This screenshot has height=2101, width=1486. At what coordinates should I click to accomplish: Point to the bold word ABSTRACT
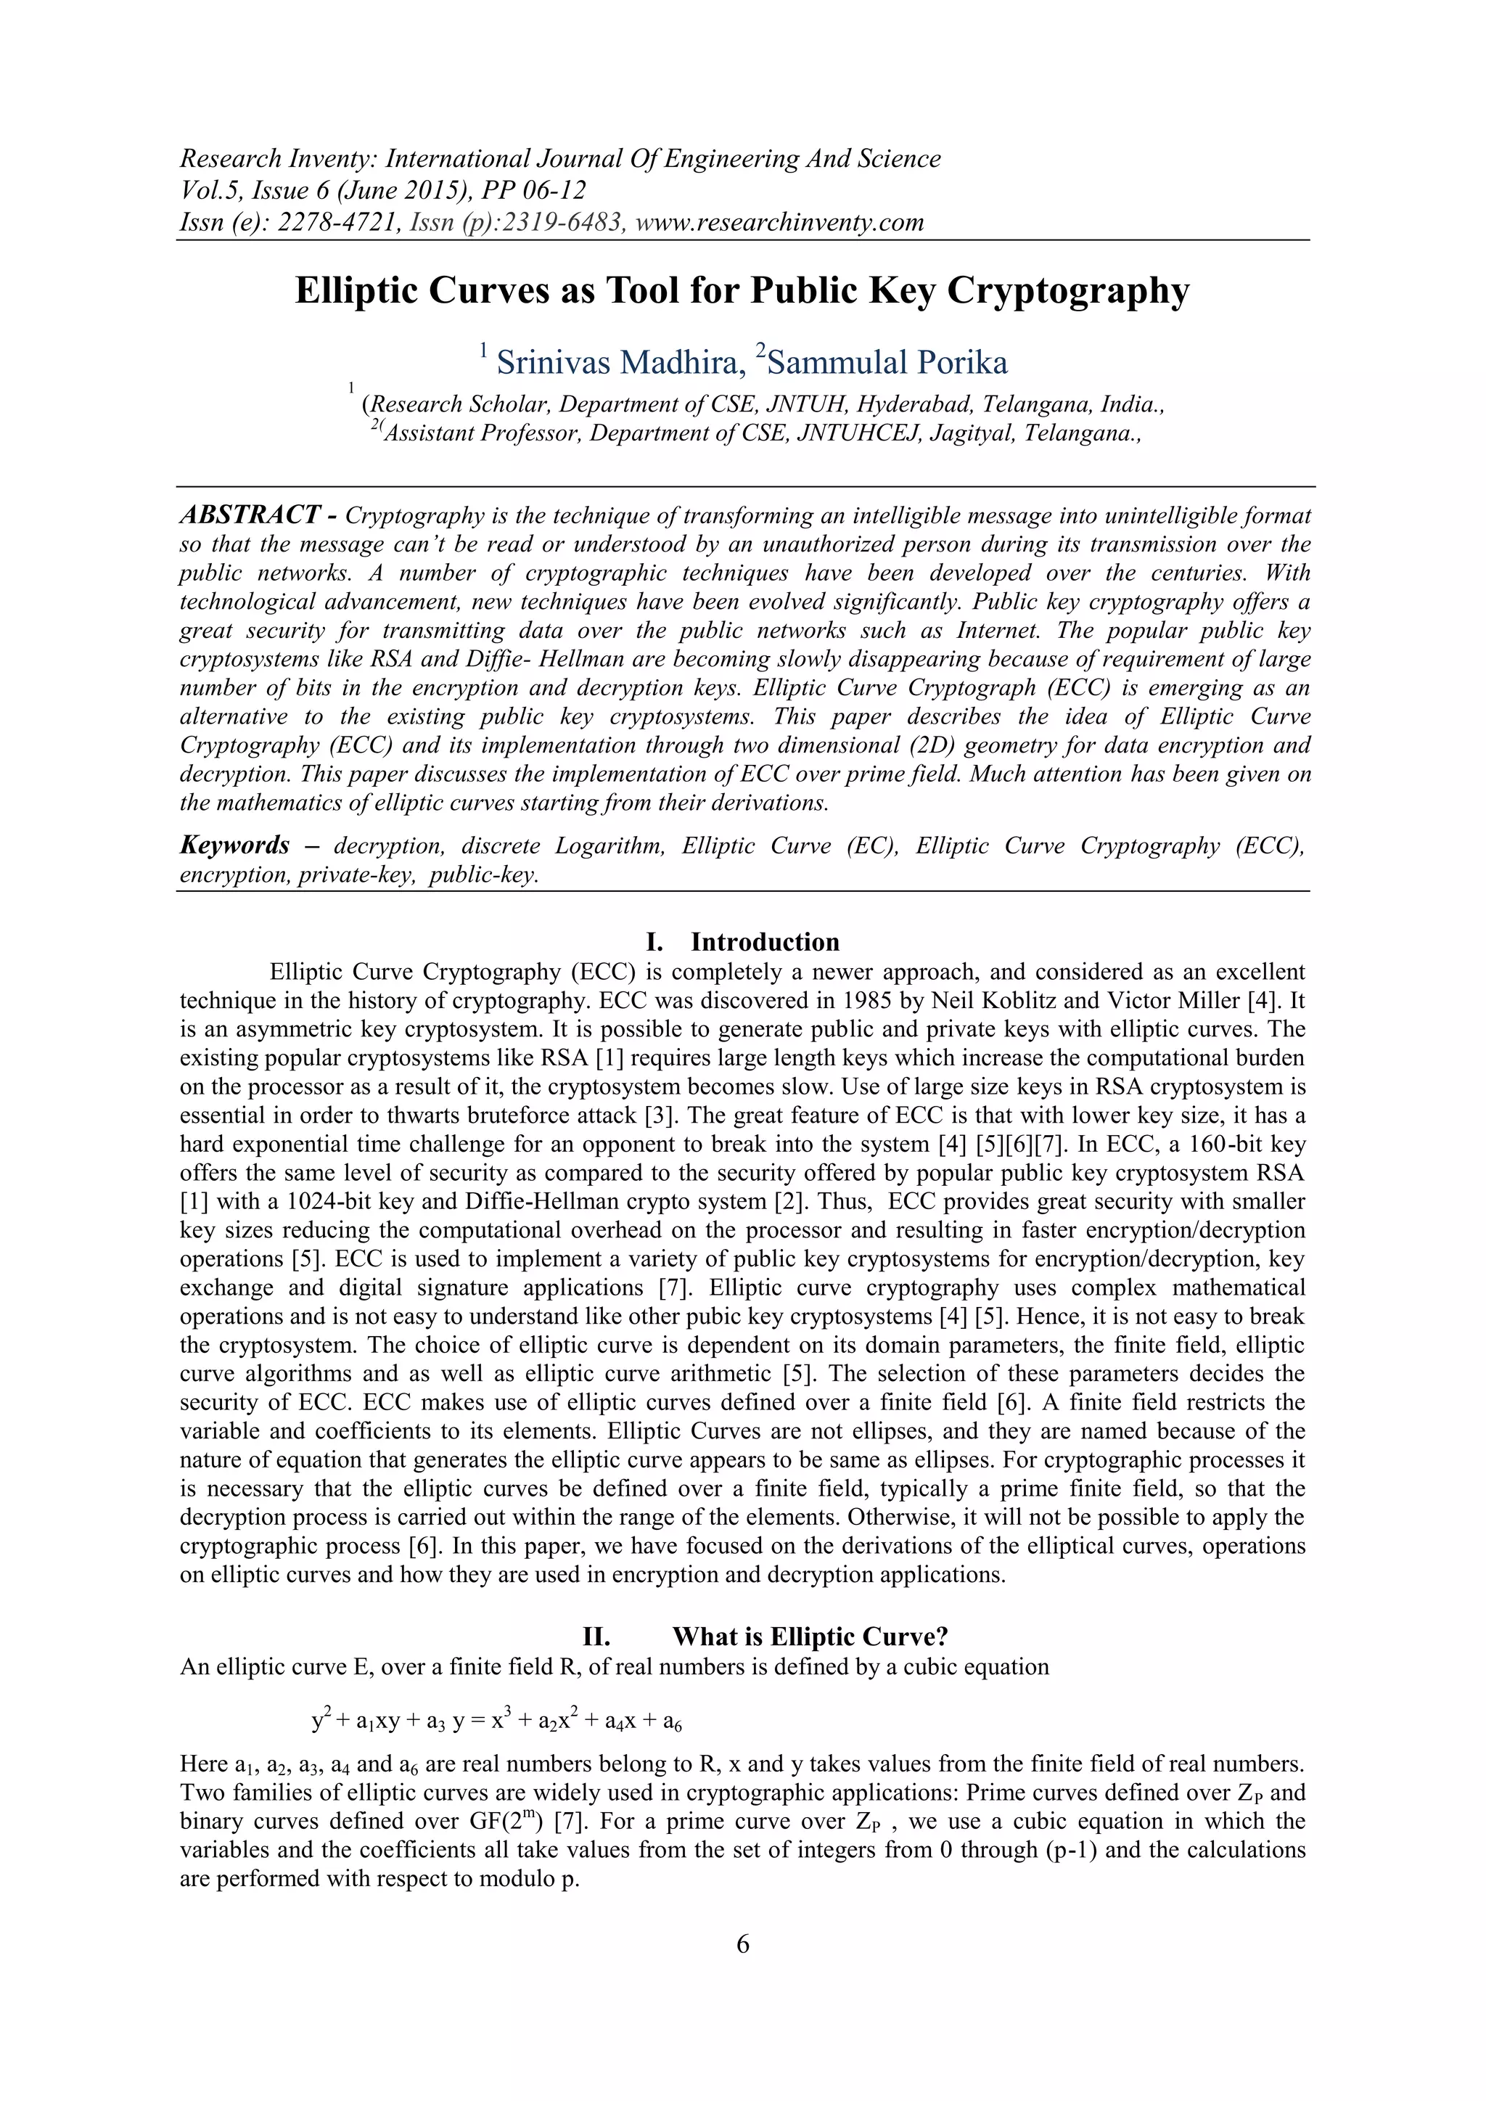pos(250,515)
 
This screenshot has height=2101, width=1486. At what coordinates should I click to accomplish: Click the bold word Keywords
pos(234,845)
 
